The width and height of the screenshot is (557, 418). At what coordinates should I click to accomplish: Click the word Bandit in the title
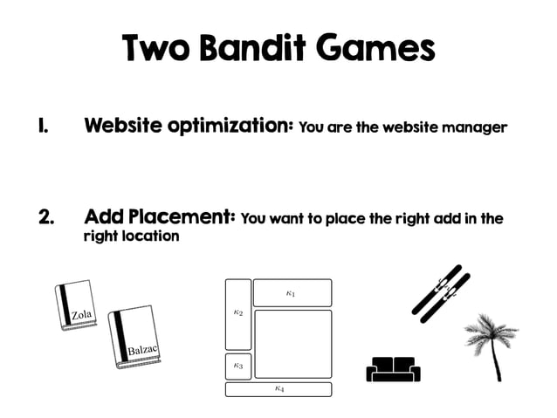click(253, 49)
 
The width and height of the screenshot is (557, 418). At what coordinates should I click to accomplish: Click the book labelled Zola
click(78, 306)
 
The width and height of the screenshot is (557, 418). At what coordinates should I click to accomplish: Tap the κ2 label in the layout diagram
click(237, 312)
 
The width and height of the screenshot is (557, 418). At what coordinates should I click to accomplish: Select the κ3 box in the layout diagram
click(237, 367)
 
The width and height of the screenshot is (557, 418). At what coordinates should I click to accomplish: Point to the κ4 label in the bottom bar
click(278, 389)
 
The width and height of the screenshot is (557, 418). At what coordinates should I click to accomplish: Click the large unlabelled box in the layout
click(293, 343)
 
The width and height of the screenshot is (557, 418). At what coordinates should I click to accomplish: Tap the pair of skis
click(441, 292)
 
